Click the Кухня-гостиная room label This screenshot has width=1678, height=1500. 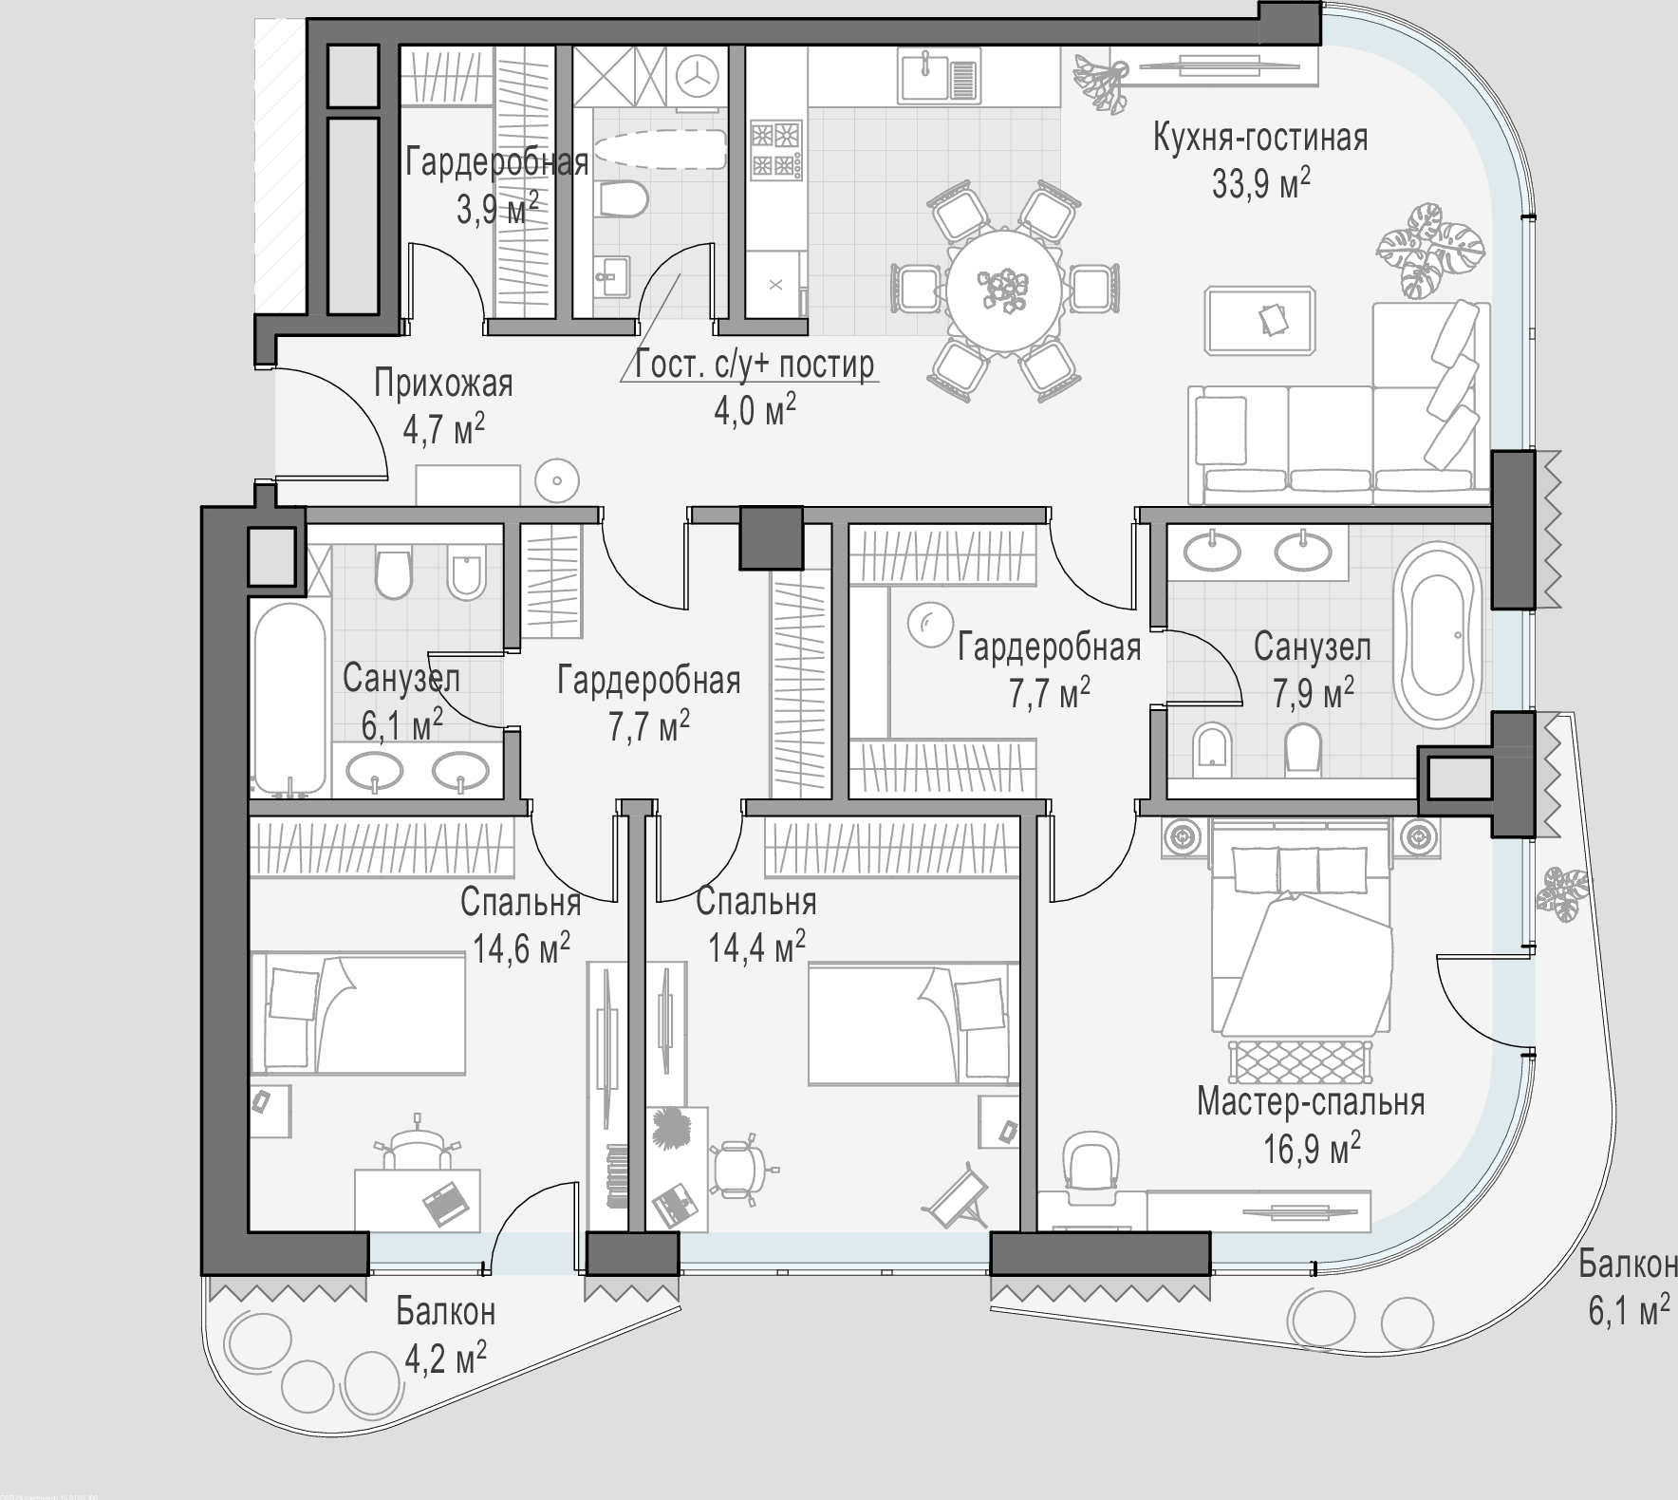coord(1260,138)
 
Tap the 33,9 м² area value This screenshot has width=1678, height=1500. coord(1260,182)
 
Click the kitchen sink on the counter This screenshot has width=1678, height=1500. coord(938,76)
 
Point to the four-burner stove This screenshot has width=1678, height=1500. coord(776,149)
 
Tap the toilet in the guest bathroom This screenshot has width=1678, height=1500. coord(624,199)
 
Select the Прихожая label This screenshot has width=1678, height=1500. coord(443,384)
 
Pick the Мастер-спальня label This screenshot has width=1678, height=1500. coord(1310,1102)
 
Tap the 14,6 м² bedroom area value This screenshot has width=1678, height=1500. coord(522,947)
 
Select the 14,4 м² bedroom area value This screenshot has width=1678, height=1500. coord(757,946)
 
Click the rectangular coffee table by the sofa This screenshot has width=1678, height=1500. coord(1260,320)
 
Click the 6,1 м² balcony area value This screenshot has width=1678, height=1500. coord(1629,1311)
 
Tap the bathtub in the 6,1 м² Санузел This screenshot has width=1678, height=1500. coord(289,699)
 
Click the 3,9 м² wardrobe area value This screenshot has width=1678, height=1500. coord(497,208)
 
